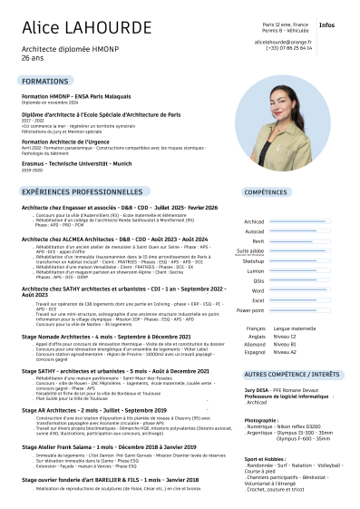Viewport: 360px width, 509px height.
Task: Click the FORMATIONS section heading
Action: click(x=45, y=82)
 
